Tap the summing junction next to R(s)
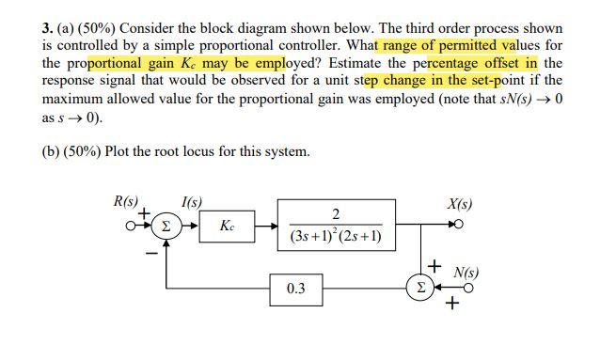[x=166, y=226]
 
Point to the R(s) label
[x=125, y=201]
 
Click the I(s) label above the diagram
[x=191, y=201]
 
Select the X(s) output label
[x=460, y=203]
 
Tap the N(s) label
[x=466, y=274]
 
